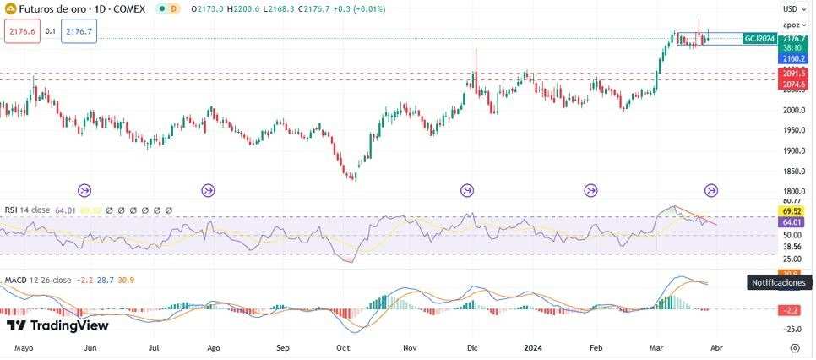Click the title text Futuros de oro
click(47, 8)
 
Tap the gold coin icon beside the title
click(10, 8)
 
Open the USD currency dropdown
click(793, 8)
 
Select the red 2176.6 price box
click(21, 31)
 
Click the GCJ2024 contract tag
click(759, 39)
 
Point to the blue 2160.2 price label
click(794, 59)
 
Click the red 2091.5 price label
click(794, 74)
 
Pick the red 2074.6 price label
click(794, 85)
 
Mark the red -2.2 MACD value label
click(792, 310)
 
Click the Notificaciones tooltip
click(780, 282)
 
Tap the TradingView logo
click(57, 325)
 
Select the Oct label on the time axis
click(343, 347)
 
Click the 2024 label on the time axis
click(532, 347)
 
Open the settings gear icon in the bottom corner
click(795, 347)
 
